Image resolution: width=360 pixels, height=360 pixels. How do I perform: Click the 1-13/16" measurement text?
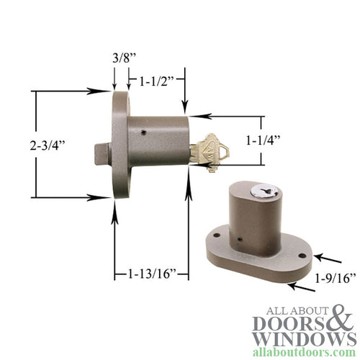[x=150, y=274]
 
